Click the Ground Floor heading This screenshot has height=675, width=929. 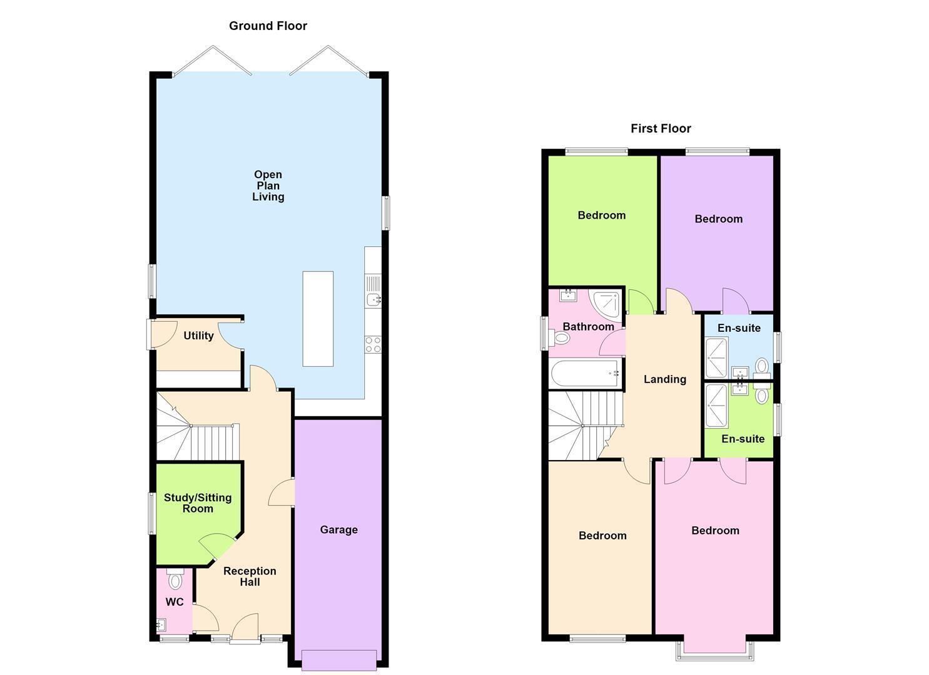268,26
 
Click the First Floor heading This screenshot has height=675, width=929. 661,129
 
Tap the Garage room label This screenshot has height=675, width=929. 339,530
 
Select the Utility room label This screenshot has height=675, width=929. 198,336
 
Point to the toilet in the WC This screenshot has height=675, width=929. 175,579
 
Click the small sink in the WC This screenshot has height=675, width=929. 161,624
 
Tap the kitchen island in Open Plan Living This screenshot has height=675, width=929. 318,319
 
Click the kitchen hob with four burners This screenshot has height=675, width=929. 373,344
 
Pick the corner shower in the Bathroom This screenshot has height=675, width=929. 606,306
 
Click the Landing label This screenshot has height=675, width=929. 665,379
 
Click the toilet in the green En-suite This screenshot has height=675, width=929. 762,394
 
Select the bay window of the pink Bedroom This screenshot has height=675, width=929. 714,651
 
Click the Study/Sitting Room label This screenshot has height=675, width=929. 198,503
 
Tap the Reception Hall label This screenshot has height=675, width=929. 250,576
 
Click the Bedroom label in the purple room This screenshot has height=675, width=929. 719,219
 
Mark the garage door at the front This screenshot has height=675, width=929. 339,661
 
